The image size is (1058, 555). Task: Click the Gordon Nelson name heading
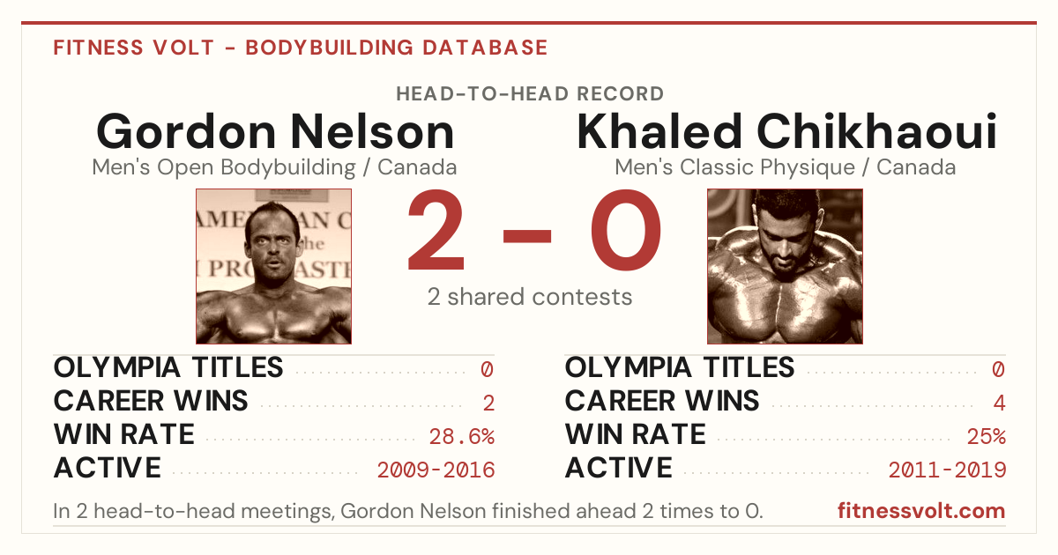pyautogui.click(x=275, y=131)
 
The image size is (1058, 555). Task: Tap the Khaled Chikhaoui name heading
pyautogui.click(x=786, y=131)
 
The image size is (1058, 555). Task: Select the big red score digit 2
pyautogui.click(x=436, y=230)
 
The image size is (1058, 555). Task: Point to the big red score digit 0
pyautogui.click(x=626, y=230)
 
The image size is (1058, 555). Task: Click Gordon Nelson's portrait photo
pyautogui.click(x=273, y=266)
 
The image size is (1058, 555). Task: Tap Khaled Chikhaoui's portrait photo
pyautogui.click(x=785, y=266)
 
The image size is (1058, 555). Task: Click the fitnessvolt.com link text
pyautogui.click(x=921, y=511)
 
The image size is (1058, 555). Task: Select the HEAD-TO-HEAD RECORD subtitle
pyautogui.click(x=530, y=94)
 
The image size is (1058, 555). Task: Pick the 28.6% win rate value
pyautogui.click(x=461, y=436)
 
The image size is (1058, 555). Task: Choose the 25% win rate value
pyautogui.click(x=987, y=436)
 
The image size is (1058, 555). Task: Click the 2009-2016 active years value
pyautogui.click(x=436, y=470)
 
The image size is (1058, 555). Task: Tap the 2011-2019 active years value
pyautogui.click(x=947, y=470)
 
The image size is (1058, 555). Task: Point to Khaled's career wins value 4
pyautogui.click(x=999, y=403)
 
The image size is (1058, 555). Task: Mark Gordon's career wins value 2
pyautogui.click(x=488, y=403)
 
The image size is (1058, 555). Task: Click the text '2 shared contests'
pyautogui.click(x=530, y=297)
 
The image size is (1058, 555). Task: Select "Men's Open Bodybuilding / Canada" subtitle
pyautogui.click(x=274, y=167)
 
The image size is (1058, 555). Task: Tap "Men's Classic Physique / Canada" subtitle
pyautogui.click(x=785, y=167)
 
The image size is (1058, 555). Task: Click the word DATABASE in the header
pyautogui.click(x=485, y=48)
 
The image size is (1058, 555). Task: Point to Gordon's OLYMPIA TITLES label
pyautogui.click(x=168, y=367)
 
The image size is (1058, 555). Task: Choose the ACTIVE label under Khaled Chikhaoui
pyautogui.click(x=619, y=468)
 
